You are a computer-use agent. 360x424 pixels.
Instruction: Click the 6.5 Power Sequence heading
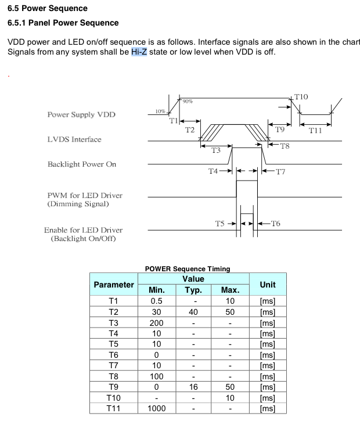[48, 8]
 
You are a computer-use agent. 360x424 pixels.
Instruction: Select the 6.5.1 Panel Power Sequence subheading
[63, 23]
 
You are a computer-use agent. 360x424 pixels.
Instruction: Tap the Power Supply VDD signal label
[81, 114]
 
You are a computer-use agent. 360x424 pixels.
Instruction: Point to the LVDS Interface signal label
[74, 139]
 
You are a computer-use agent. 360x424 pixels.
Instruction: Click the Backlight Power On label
[82, 164]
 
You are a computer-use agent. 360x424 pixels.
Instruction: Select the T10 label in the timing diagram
[301, 97]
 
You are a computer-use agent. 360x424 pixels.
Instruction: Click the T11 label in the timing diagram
[315, 131]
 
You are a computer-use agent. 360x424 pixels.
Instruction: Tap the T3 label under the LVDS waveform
[216, 150]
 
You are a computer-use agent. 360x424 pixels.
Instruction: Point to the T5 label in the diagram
[220, 224]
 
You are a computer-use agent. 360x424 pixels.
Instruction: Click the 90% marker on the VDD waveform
[187, 102]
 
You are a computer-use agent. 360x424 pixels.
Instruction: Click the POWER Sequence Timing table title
[188, 268]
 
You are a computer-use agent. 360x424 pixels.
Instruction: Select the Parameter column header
[114, 285]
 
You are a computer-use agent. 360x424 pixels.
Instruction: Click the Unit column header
[268, 285]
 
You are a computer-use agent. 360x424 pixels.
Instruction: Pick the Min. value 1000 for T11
[157, 408]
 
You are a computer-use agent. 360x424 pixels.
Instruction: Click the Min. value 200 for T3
[157, 323]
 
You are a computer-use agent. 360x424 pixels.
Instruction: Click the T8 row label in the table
[114, 376]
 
